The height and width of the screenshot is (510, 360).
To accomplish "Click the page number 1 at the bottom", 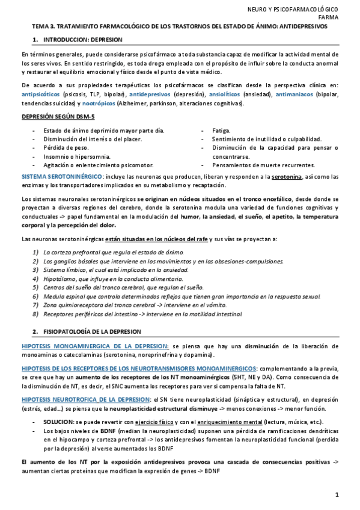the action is point(337,495).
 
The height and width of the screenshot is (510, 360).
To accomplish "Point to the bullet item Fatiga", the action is point(222,131).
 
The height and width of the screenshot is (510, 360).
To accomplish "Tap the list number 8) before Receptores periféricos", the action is point(37,314).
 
